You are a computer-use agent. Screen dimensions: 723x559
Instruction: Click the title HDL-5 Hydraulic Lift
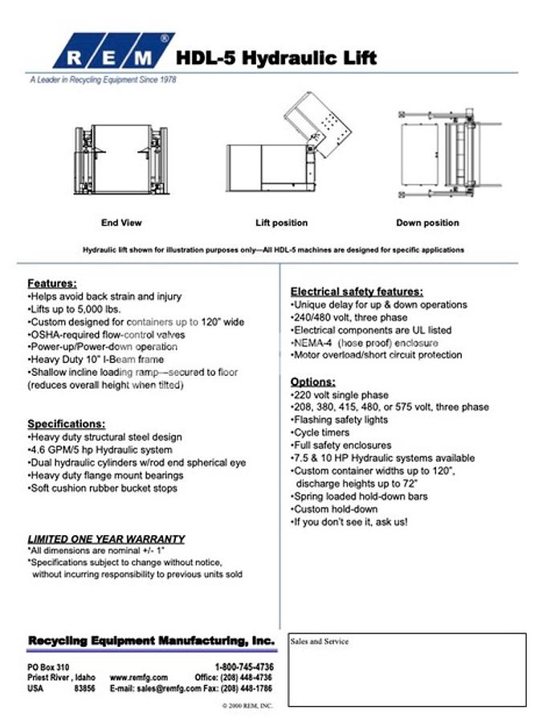pos(275,58)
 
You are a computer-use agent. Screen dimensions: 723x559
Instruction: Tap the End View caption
pos(121,223)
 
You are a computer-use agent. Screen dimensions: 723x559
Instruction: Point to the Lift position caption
pos(281,223)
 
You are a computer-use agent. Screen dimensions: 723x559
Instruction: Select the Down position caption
pos(427,223)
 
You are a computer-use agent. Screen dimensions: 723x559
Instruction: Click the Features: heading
pos(52,284)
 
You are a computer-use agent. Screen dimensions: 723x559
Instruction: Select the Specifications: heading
pos(66,423)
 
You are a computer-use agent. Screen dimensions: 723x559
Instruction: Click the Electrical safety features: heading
pos(357,292)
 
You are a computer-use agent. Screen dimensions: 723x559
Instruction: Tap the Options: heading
pos(312,382)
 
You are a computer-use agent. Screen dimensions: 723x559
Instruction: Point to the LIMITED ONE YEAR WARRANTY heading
pos(106,538)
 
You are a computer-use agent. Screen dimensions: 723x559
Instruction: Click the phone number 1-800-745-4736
pos(244,667)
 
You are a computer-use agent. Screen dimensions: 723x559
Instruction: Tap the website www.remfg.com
pos(138,677)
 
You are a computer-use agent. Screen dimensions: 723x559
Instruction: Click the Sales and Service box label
pos(320,642)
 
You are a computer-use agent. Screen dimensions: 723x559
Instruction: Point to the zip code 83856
pos(84,688)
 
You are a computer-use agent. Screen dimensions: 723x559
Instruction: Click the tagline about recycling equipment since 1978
pos(103,80)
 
